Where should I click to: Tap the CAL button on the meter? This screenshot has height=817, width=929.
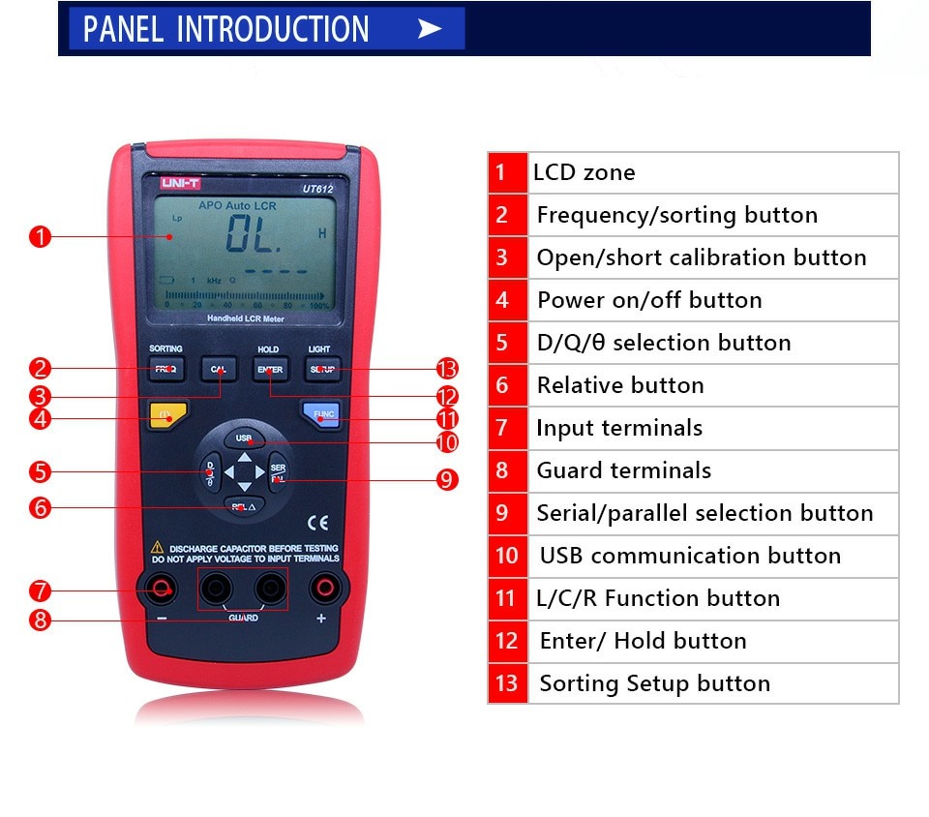coord(219,369)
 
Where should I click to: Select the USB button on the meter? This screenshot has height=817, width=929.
coord(244,439)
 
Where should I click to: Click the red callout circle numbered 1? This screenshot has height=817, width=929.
coord(39,237)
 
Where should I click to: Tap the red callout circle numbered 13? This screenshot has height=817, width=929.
coord(446,369)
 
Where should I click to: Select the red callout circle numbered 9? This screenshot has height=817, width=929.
coord(446,480)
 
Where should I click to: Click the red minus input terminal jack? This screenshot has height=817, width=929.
coord(160,588)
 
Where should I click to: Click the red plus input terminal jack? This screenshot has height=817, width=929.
coord(322,588)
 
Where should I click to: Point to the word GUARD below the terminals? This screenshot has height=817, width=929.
coord(243,618)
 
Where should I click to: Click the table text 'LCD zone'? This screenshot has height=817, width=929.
coord(584,173)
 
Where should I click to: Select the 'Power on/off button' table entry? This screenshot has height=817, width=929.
coord(649,300)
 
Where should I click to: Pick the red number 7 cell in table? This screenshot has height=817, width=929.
coord(502,428)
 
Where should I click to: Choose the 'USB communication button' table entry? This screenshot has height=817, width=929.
coord(690,556)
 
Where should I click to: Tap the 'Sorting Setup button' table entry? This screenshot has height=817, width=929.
coord(654,683)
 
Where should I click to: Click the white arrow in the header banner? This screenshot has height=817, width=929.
coord(430,29)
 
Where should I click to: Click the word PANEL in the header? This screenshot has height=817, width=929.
coord(124,29)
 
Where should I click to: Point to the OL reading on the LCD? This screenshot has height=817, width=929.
coord(254,234)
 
